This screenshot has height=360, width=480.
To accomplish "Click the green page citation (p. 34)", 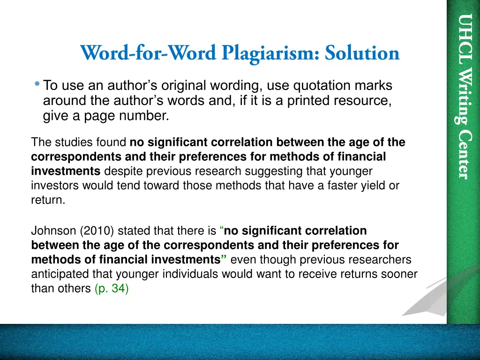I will pyautogui.click(x=112, y=289).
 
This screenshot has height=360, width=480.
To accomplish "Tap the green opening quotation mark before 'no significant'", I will pyautogui.click(x=222, y=230).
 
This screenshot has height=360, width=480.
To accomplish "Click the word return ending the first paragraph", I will pyautogui.click(x=47, y=200).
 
